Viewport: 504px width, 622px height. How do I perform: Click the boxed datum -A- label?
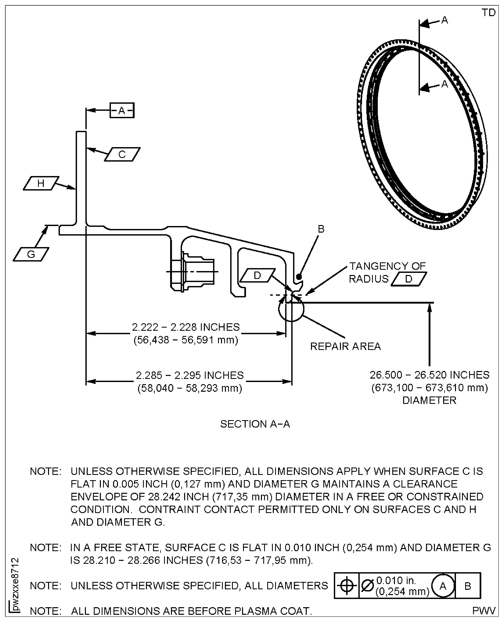pos(122,110)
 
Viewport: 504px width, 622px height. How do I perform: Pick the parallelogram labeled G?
pos(31,254)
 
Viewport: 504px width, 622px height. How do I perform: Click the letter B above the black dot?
pos(321,229)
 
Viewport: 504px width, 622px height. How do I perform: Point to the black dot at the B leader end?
pos(299,277)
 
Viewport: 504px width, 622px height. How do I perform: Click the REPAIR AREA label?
pos(345,346)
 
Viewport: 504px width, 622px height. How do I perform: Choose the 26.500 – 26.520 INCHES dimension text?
pos(429,375)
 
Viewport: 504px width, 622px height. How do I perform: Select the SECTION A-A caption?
pos(255,424)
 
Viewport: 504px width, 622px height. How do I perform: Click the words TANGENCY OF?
pos(387,266)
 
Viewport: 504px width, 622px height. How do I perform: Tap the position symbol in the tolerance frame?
pos(347,586)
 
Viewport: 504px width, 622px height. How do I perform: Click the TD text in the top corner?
pos(488,13)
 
